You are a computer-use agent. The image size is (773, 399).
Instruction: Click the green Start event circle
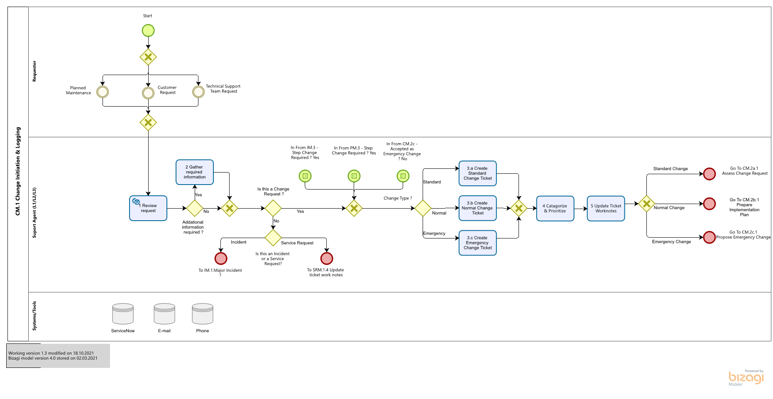148,31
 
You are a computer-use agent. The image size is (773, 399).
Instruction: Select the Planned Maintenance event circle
103,92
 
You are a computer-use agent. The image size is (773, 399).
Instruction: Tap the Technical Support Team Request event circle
198,92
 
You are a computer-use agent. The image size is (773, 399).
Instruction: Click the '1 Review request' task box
148,208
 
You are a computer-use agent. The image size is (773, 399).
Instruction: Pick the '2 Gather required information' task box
195,172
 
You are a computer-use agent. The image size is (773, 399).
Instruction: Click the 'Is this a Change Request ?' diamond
273,208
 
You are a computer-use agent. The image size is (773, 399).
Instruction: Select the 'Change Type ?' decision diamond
423,208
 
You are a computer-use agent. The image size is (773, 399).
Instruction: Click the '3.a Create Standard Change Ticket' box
477,173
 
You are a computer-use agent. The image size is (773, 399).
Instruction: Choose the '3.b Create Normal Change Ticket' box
477,208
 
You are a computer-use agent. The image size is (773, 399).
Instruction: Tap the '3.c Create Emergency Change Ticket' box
477,243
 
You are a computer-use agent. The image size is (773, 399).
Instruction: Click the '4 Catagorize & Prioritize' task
555,208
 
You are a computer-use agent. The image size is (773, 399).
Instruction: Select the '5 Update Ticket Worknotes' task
606,208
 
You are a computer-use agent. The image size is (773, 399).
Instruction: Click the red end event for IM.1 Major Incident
221,258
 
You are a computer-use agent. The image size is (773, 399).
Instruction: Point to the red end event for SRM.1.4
327,258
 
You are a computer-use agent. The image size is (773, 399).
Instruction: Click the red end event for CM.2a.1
709,174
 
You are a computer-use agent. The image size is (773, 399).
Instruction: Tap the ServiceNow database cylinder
123,314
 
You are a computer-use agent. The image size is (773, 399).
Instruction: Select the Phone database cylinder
203,314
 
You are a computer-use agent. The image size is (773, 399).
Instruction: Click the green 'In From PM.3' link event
354,176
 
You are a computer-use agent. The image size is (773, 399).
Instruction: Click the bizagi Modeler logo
746,377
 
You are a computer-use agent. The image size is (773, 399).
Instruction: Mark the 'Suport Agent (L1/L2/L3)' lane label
34,212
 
